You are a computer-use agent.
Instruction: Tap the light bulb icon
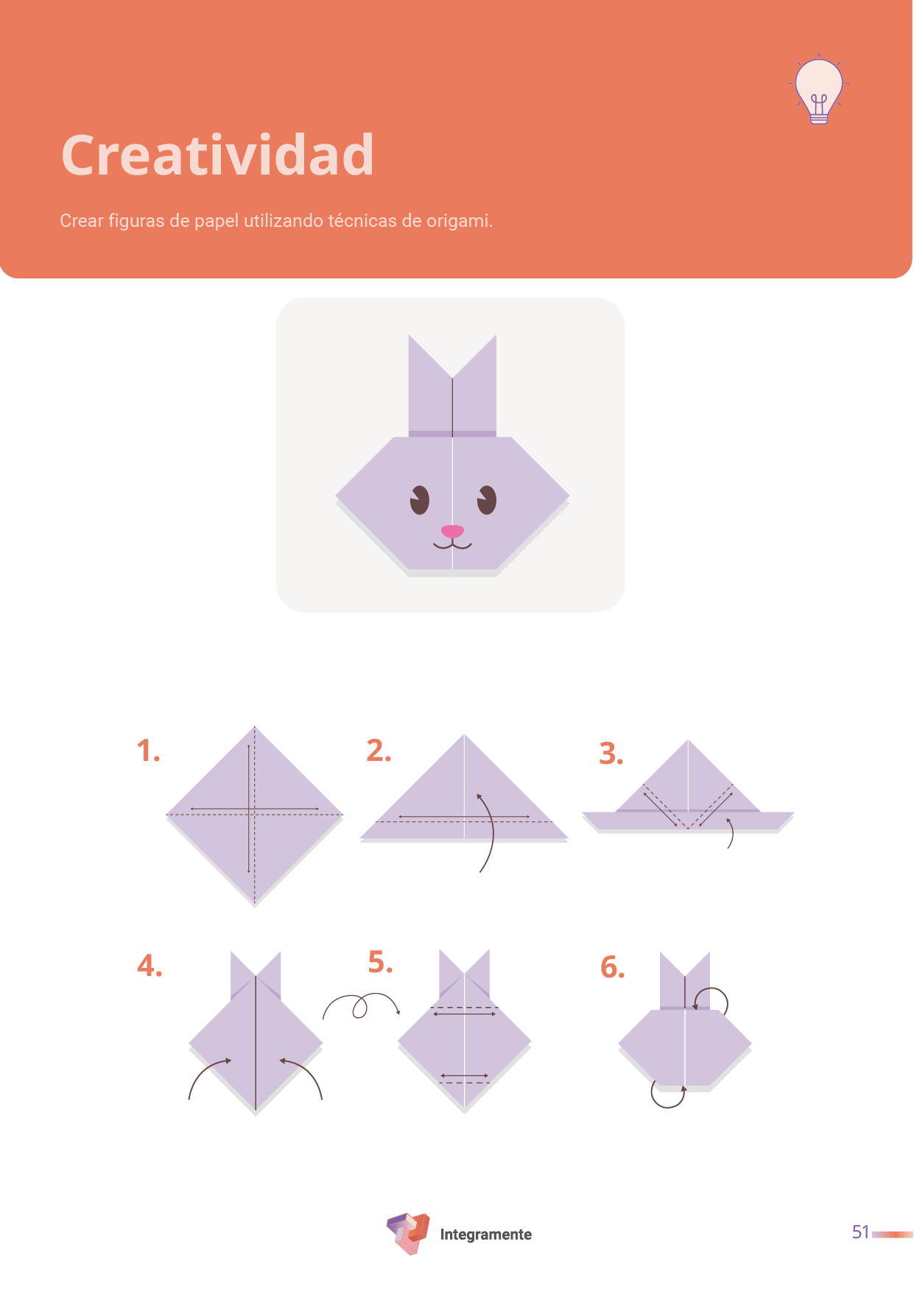(x=819, y=90)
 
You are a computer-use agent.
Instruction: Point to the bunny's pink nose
(x=452, y=530)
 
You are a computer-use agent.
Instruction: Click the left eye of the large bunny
(x=420, y=500)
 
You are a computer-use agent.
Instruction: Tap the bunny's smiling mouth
(x=452, y=545)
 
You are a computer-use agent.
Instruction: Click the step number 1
(x=148, y=751)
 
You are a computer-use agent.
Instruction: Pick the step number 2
(x=379, y=751)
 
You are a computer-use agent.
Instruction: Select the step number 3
(x=611, y=754)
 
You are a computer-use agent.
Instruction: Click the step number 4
(x=150, y=966)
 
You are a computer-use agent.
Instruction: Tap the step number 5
(x=381, y=962)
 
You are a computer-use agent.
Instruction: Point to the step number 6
(x=613, y=967)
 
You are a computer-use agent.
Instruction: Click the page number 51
(x=860, y=1232)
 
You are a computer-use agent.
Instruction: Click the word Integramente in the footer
(x=486, y=1235)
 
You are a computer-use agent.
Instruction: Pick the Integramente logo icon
(x=408, y=1233)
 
